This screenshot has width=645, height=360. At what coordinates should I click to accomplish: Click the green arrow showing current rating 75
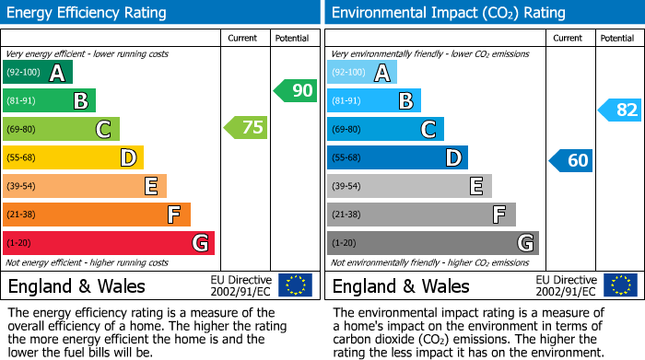246,128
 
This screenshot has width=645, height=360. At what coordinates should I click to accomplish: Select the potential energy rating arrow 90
295,90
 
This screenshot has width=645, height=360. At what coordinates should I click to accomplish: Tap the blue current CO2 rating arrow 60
570,160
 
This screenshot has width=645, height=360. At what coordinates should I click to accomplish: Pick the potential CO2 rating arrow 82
619,110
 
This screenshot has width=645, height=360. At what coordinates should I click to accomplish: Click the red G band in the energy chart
109,243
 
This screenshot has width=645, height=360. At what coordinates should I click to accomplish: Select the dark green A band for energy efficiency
38,72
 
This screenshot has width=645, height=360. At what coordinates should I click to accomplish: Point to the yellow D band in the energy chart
73,157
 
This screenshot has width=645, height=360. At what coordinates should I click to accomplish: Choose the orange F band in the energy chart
97,215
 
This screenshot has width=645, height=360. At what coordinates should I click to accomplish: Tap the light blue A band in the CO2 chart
362,72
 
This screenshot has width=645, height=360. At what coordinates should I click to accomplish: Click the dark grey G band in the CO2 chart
432,243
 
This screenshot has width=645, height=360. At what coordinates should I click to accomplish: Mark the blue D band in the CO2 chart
397,157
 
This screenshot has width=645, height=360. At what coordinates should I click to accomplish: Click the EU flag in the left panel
295,285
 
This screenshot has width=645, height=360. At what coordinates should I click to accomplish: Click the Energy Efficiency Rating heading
88,13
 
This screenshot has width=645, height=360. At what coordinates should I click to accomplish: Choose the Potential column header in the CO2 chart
617,38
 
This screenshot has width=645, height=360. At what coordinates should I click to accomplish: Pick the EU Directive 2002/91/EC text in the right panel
568,285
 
